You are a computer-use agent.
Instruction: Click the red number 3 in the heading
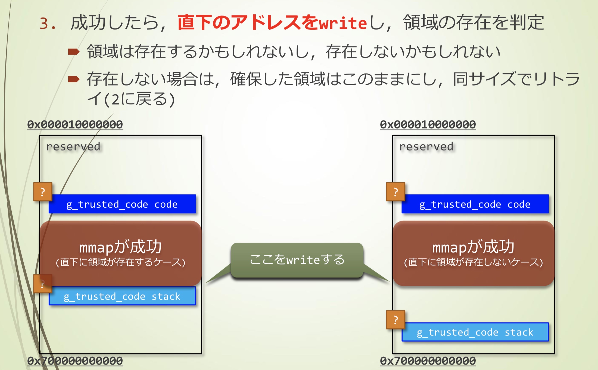[44, 23]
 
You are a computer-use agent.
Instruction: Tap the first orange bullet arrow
[73, 52]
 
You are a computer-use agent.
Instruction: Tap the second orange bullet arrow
[73, 79]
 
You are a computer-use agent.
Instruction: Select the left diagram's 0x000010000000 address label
[75, 125]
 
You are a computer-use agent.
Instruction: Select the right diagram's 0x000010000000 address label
[428, 125]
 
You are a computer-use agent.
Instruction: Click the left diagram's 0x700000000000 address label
[75, 361]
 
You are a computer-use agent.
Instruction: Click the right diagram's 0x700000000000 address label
[428, 361]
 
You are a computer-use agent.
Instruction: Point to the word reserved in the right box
[426, 147]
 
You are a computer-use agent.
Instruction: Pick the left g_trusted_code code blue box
[122, 204]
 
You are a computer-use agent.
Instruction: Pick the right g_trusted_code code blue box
[475, 204]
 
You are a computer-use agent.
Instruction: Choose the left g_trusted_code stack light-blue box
[122, 296]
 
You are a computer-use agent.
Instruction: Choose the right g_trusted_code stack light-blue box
[475, 332]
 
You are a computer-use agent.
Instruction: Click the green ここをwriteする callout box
[297, 260]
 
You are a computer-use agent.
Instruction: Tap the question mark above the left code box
[43, 192]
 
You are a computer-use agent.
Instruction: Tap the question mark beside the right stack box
[395, 320]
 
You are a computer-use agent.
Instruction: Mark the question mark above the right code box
[395, 192]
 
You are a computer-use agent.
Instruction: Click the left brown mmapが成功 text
[120, 247]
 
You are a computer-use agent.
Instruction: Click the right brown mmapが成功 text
[473, 247]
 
